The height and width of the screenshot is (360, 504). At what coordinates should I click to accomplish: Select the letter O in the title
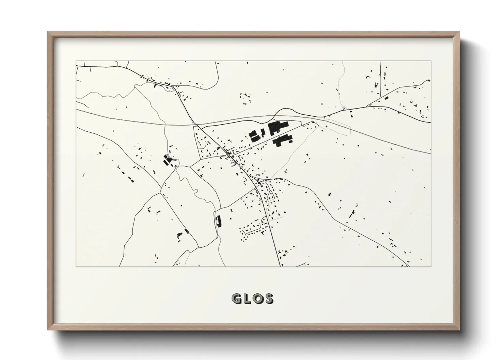(257, 299)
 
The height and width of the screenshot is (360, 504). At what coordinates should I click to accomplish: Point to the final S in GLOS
(268, 299)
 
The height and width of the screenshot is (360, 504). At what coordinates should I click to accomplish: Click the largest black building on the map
(278, 128)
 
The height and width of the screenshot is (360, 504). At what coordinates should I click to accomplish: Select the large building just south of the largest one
(282, 140)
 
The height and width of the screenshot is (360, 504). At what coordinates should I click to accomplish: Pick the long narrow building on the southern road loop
(219, 222)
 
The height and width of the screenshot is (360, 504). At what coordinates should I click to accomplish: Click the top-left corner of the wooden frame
(48, 32)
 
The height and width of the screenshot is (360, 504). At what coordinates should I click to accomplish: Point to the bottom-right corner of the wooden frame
(459, 329)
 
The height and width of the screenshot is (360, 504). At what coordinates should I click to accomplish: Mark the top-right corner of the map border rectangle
(431, 61)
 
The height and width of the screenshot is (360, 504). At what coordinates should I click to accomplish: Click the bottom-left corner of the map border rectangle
(76, 266)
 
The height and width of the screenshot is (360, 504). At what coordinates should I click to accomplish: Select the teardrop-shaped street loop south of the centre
(271, 195)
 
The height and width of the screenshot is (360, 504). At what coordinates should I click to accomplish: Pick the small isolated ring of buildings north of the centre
(246, 98)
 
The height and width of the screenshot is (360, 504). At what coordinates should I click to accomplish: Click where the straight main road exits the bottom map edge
(280, 266)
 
